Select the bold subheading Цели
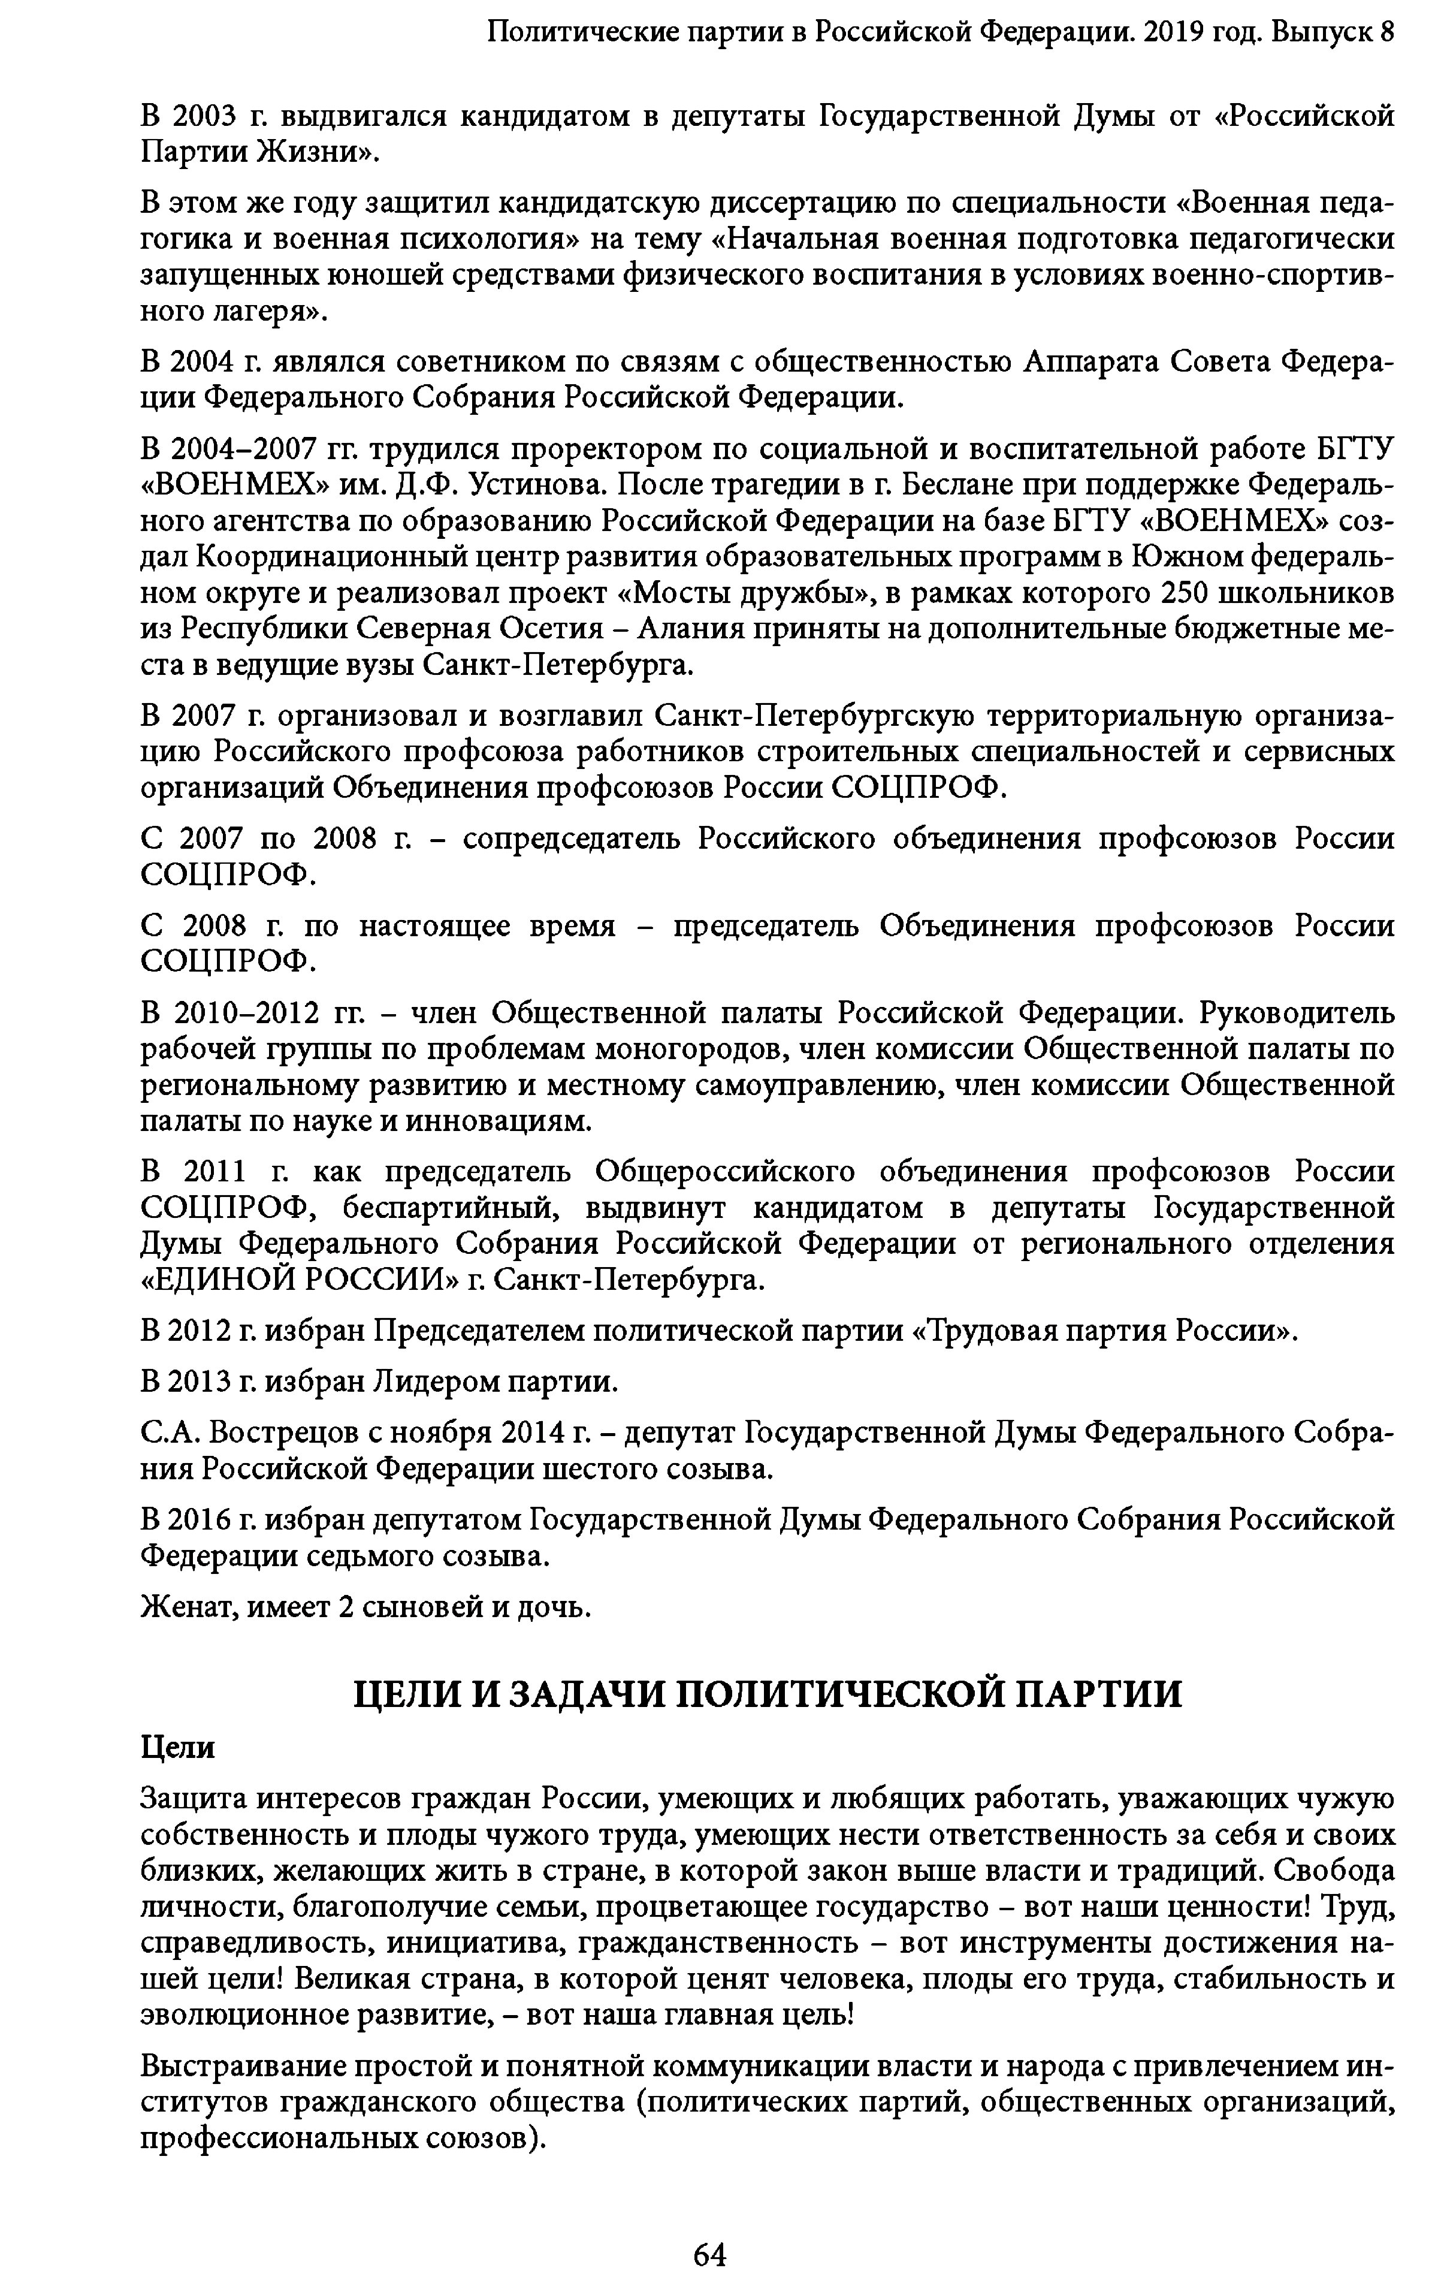(178, 1747)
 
